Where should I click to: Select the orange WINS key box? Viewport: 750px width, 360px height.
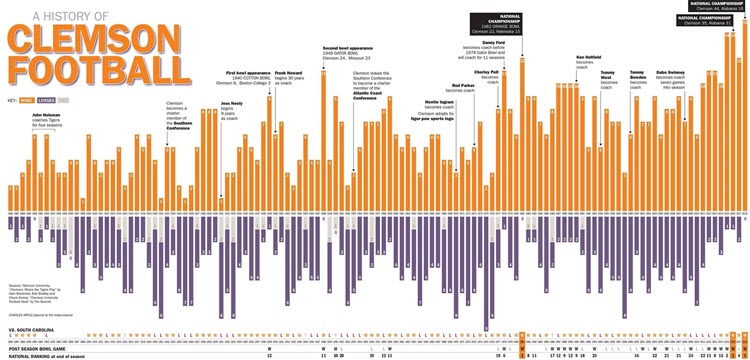(x=28, y=101)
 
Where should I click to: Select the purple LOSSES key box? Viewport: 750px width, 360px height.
(x=46, y=101)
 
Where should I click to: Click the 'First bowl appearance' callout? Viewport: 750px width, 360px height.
(x=246, y=78)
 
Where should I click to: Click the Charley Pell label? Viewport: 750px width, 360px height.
(x=487, y=75)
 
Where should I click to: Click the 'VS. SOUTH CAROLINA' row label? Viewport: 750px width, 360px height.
(x=29, y=328)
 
